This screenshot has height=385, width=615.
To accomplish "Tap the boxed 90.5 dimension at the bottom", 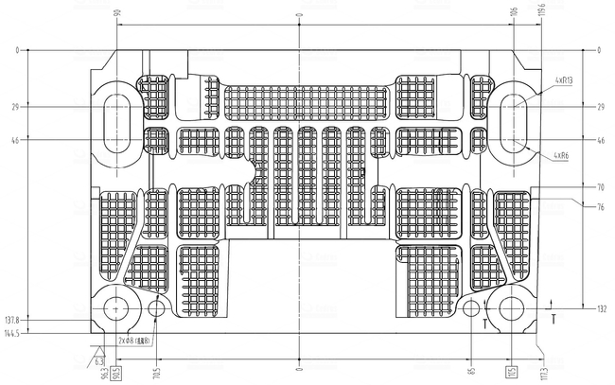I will pos(116,371).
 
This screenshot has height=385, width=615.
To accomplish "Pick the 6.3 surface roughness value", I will pos(98,359).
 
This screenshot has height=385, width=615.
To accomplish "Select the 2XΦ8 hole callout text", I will pos(135,341).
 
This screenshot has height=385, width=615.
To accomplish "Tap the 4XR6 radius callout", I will pos(560,154).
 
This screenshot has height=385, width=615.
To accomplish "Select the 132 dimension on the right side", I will pos(601,309).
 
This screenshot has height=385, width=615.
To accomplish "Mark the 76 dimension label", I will pos(601,206).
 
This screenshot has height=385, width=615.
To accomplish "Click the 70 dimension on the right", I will pos(601,187).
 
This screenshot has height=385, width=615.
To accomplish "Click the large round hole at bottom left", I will pos(116,307).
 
